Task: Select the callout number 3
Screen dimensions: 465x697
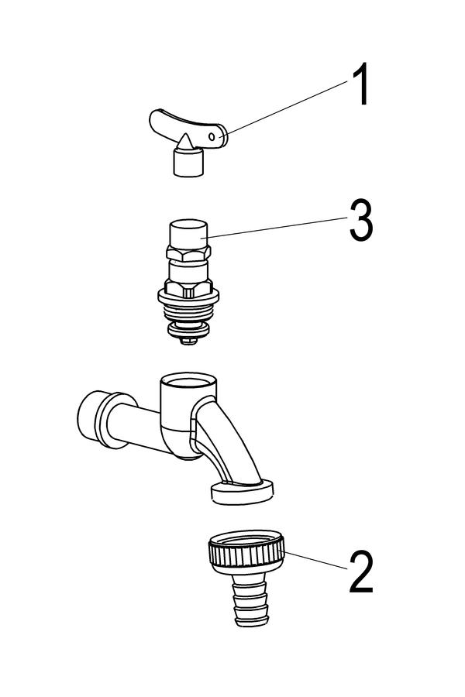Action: [361, 220]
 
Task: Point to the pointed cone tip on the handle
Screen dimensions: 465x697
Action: [184, 142]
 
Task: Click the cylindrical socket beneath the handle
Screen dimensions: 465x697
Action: [188, 163]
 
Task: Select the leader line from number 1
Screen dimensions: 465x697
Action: [287, 108]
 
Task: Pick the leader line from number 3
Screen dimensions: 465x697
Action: [277, 228]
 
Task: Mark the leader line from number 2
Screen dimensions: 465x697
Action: [315, 560]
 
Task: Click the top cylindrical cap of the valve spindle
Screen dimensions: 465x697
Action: [188, 234]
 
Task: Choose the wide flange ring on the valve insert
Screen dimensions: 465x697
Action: [188, 296]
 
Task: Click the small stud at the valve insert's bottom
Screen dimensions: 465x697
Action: [188, 341]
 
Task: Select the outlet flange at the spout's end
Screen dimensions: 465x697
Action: [242, 492]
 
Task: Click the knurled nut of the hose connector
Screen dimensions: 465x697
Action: [246, 551]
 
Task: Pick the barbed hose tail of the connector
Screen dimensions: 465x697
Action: [250, 600]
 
